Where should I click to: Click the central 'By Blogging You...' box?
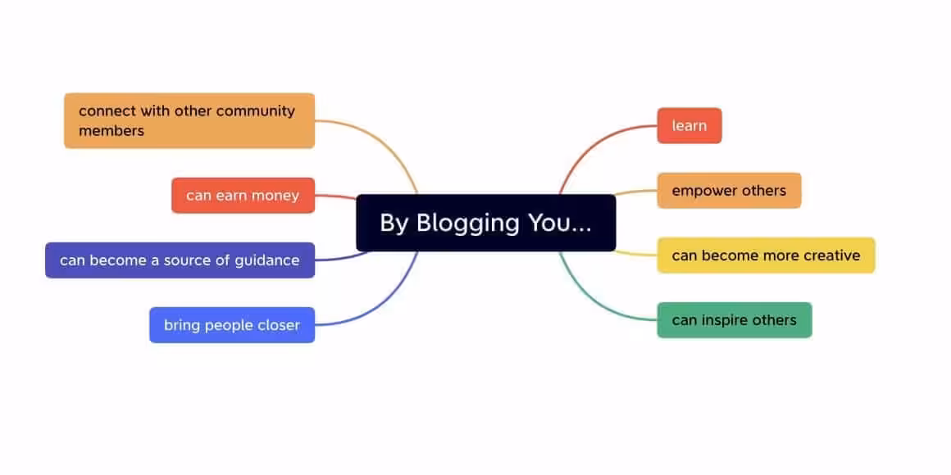[x=485, y=223]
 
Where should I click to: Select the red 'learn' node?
[x=689, y=125]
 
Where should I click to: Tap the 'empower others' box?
[x=729, y=191]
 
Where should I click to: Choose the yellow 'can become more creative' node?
[x=766, y=256]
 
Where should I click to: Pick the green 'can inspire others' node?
[x=734, y=320]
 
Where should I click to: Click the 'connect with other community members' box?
[x=189, y=120]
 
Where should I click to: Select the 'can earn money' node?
[x=243, y=196]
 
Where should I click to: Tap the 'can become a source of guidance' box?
[x=180, y=260]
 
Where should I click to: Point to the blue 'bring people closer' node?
[x=232, y=325]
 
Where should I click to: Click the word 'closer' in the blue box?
[x=279, y=325]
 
